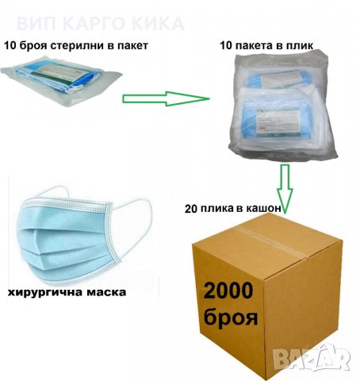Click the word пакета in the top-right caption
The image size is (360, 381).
(x=255, y=46)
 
